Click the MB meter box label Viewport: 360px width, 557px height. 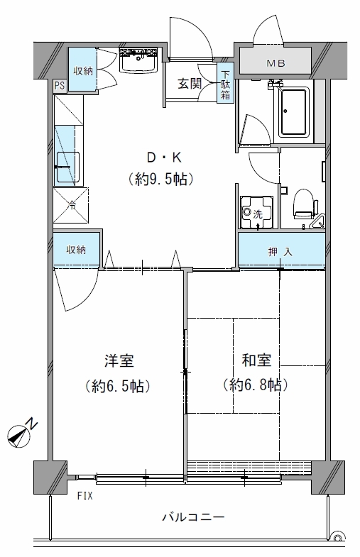[x=276, y=63]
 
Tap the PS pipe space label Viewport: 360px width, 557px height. [x=60, y=87]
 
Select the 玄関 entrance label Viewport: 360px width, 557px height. [x=190, y=84]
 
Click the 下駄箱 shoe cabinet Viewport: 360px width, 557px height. [x=226, y=83]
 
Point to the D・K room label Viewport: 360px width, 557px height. [x=164, y=158]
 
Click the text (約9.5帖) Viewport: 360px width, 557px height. [x=161, y=179]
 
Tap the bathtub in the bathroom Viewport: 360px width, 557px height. [x=293, y=112]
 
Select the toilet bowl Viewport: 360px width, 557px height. [x=304, y=203]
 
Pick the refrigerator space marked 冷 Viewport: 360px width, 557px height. [x=71, y=205]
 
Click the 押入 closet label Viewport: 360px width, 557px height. [x=280, y=252]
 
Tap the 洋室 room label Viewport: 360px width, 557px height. [x=119, y=360]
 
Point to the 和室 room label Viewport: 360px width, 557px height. [x=256, y=360]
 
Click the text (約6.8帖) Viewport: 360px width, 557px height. [x=256, y=385]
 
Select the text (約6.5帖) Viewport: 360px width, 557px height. [x=118, y=386]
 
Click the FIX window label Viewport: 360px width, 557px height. [x=85, y=495]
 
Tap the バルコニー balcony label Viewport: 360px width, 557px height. [x=194, y=517]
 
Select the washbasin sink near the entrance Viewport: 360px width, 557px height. [x=138, y=61]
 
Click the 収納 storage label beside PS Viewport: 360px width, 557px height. [x=83, y=70]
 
